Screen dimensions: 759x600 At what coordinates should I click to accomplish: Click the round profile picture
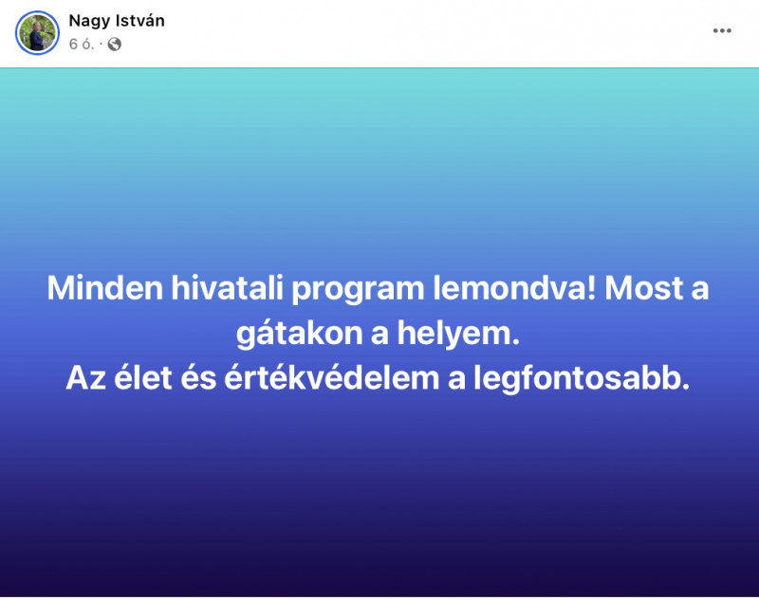pos(37,33)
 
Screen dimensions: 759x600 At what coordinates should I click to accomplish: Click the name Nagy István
pos(117,21)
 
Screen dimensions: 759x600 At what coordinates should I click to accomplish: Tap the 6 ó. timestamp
pos(82,44)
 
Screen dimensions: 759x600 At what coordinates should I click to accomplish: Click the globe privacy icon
pos(114,45)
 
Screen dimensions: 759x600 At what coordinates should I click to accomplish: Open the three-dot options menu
pos(722,31)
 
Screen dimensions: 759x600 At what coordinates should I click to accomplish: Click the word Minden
pos(105,288)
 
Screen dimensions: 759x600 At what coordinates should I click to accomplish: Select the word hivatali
pos(227,288)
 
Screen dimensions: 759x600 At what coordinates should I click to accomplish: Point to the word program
pos(358,290)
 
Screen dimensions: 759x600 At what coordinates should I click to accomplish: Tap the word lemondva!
pos(514,288)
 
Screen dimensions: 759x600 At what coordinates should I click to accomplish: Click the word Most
pos(643,288)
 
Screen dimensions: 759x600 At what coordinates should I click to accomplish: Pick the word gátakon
pos(299,334)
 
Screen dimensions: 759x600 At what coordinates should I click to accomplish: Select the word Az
pos(85,378)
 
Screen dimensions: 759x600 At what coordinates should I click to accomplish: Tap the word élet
pos(143,377)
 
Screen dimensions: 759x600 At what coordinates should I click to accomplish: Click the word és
pos(198,377)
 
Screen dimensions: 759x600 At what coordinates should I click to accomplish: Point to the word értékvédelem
pos(331,377)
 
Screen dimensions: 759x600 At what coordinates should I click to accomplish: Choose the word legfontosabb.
pos(582,378)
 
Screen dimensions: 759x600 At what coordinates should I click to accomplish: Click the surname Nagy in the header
pos(89,22)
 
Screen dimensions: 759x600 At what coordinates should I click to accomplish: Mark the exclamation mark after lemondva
pos(590,288)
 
